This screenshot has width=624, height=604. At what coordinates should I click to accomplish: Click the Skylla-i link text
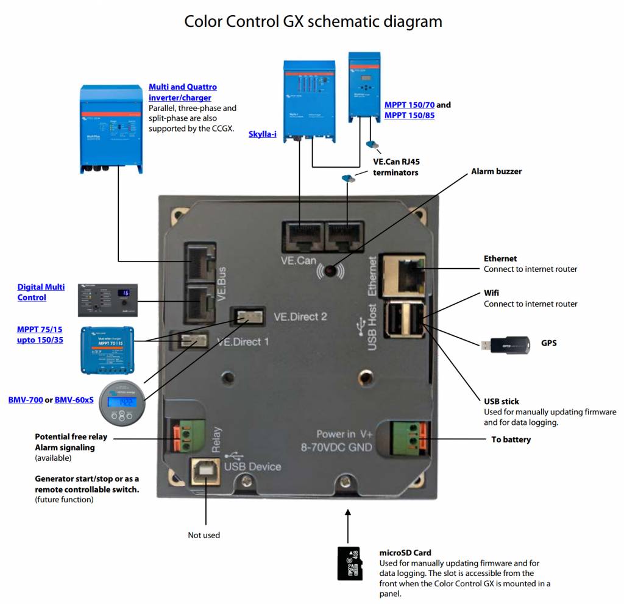(x=262, y=133)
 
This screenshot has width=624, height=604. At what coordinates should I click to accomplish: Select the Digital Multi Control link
(x=40, y=292)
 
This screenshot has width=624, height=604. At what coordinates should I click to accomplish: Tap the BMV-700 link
(x=26, y=400)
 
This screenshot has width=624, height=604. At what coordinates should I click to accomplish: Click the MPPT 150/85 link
(x=409, y=115)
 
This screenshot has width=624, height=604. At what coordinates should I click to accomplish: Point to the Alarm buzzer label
(x=496, y=171)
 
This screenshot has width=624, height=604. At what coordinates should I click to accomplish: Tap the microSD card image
(x=350, y=563)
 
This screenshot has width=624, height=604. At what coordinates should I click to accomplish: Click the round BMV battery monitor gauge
(x=122, y=403)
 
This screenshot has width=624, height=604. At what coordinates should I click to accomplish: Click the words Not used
(x=204, y=535)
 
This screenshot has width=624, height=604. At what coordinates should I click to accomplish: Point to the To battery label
(x=511, y=439)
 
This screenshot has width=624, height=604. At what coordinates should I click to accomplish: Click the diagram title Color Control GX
(x=313, y=21)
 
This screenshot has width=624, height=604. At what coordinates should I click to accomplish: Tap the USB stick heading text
(x=502, y=401)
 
